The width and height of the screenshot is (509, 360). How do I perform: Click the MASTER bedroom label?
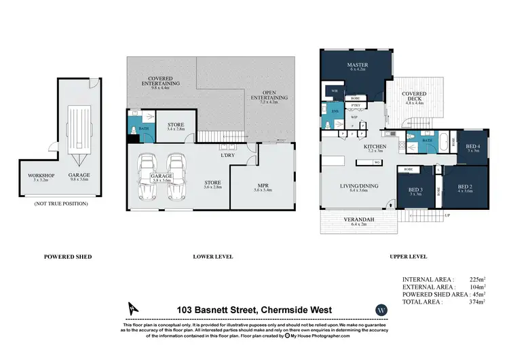tap(357, 66)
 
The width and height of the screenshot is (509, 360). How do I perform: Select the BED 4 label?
tap(473, 147)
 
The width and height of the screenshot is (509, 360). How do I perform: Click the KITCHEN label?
tap(374, 147)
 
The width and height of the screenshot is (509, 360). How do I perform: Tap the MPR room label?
tap(262, 186)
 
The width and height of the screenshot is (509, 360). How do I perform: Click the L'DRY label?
tap(227, 157)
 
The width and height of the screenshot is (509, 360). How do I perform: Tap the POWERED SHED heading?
tap(68, 257)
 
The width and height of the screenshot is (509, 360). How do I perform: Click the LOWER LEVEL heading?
tap(212, 257)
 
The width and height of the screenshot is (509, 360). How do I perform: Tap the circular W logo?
tap(381, 310)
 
